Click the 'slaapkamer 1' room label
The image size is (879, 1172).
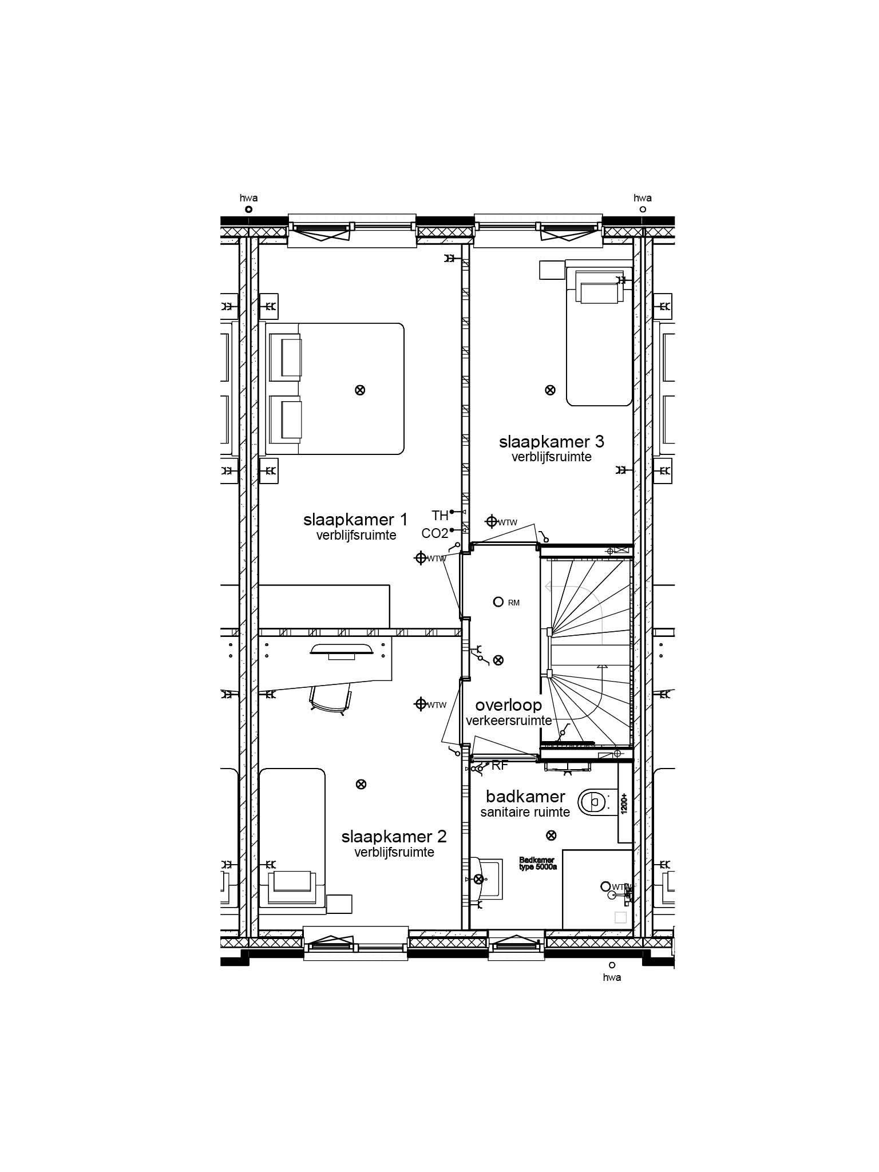[x=355, y=520]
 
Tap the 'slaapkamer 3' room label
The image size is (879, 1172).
[x=551, y=442]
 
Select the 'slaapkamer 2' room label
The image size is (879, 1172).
[x=394, y=837]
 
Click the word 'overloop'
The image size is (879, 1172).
[x=508, y=705]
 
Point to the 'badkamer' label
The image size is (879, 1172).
[x=525, y=797]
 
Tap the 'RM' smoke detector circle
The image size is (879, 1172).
[x=498, y=602]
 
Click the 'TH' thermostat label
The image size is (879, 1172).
[x=439, y=516]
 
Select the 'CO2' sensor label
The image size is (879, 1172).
[x=434, y=533]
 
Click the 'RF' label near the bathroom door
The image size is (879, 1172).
[x=500, y=766]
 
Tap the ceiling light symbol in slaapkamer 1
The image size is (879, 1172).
[x=360, y=390]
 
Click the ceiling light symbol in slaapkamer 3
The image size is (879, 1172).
[x=550, y=390]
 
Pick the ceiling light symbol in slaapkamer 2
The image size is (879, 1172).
[x=361, y=784]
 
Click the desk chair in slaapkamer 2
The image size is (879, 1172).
[x=330, y=699]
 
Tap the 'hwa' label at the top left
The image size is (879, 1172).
[x=248, y=198]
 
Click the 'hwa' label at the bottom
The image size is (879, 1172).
[x=612, y=977]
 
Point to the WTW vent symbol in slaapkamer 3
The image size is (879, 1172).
[x=491, y=521]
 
